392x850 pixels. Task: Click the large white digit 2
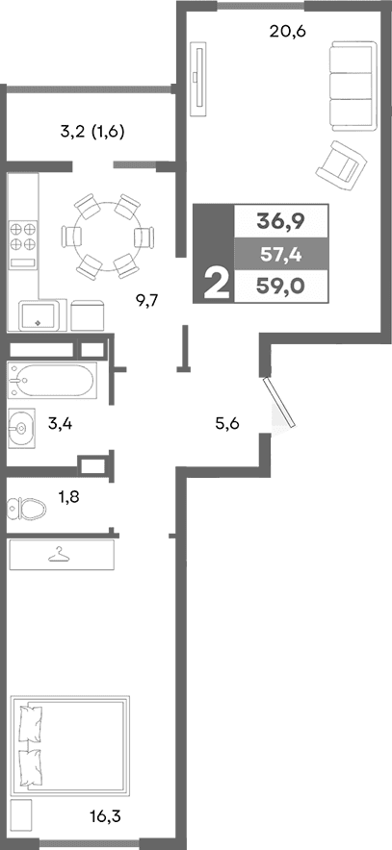[216, 285]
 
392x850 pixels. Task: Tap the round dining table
[107, 235]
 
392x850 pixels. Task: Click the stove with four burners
[24, 238]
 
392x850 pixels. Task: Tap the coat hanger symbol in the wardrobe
[61, 555]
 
